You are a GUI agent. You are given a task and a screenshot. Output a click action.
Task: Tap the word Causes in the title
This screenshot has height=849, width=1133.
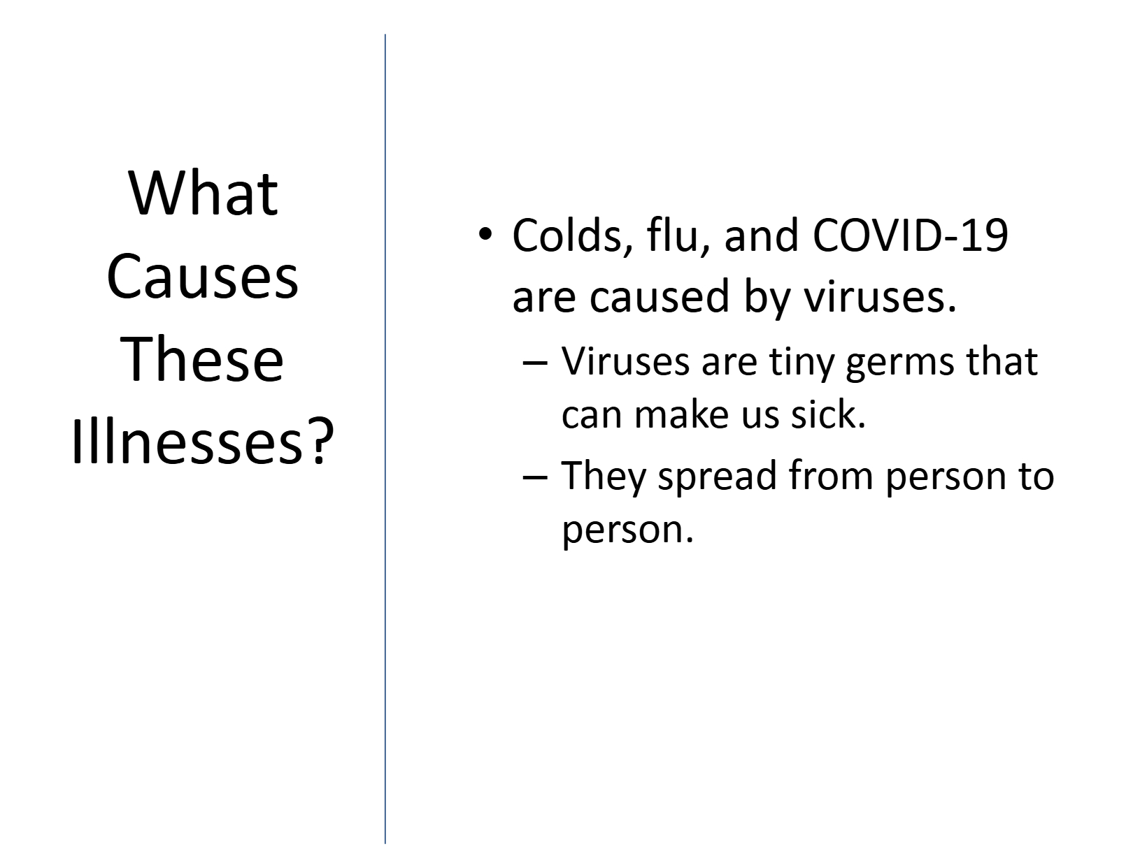[x=202, y=276]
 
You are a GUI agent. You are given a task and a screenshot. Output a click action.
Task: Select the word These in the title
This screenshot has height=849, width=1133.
[x=202, y=358]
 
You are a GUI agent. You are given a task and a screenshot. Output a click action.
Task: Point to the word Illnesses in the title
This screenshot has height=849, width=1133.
[x=186, y=442]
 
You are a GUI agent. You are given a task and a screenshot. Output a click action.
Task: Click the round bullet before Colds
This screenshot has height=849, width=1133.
[x=485, y=234]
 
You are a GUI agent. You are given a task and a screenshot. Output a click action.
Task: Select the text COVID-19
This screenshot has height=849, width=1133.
[x=910, y=235]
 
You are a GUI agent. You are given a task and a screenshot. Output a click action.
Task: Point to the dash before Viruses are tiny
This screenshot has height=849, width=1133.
[x=535, y=362]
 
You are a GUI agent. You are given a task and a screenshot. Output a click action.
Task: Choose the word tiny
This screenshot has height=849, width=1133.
[x=801, y=363]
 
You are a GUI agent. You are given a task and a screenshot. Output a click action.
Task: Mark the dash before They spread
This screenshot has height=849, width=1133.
[x=535, y=477]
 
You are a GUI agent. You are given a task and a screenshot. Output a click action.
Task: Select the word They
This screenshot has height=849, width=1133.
[x=604, y=477]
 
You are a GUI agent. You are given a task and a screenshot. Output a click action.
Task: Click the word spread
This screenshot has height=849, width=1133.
[x=718, y=477]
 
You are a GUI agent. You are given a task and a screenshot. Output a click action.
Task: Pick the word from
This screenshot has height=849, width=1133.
[x=831, y=474]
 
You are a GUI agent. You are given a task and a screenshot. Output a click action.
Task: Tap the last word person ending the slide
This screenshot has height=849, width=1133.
[x=627, y=530]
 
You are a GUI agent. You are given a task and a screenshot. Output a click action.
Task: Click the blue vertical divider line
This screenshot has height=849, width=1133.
[x=385, y=438]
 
